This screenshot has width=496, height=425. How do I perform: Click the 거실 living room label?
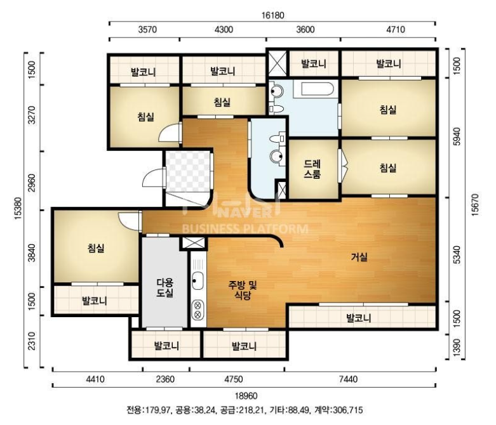359,257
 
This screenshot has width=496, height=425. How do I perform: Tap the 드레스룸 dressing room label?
312,169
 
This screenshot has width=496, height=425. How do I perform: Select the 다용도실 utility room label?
165,287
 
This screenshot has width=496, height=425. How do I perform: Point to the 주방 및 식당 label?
243,290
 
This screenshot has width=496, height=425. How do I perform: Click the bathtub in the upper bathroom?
317,89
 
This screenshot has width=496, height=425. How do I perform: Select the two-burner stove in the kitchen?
198,310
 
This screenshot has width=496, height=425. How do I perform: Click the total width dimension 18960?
246,396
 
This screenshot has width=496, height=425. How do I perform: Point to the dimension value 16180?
272,15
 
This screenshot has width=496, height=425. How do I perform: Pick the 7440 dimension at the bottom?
348,379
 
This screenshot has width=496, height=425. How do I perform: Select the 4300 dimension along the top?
224,29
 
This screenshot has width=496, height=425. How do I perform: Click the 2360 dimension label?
165,379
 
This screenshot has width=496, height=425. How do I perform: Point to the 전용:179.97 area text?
149,410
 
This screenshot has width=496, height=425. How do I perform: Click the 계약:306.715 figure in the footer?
338,410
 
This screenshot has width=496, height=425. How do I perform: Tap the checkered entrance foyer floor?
188,171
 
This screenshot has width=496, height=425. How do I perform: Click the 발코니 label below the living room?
359,318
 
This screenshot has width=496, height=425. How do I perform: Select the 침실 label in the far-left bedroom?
96,248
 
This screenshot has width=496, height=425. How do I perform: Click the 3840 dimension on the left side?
32,253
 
